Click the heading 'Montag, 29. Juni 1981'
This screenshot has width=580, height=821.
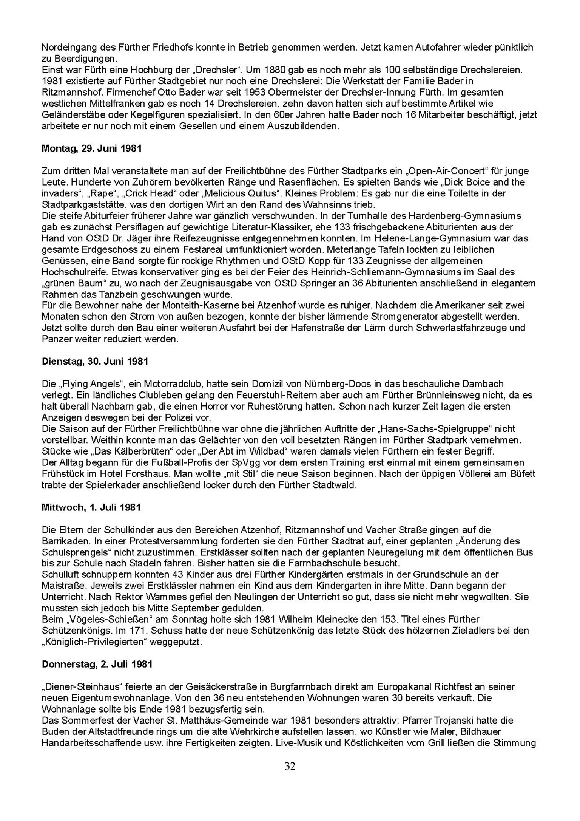pos(91,148)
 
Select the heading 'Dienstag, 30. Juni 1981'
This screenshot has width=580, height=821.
pos(95,362)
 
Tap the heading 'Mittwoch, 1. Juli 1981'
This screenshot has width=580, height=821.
pos(91,507)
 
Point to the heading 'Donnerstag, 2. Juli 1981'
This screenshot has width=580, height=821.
pos(97,664)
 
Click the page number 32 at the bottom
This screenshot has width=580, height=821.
pos(290,766)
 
